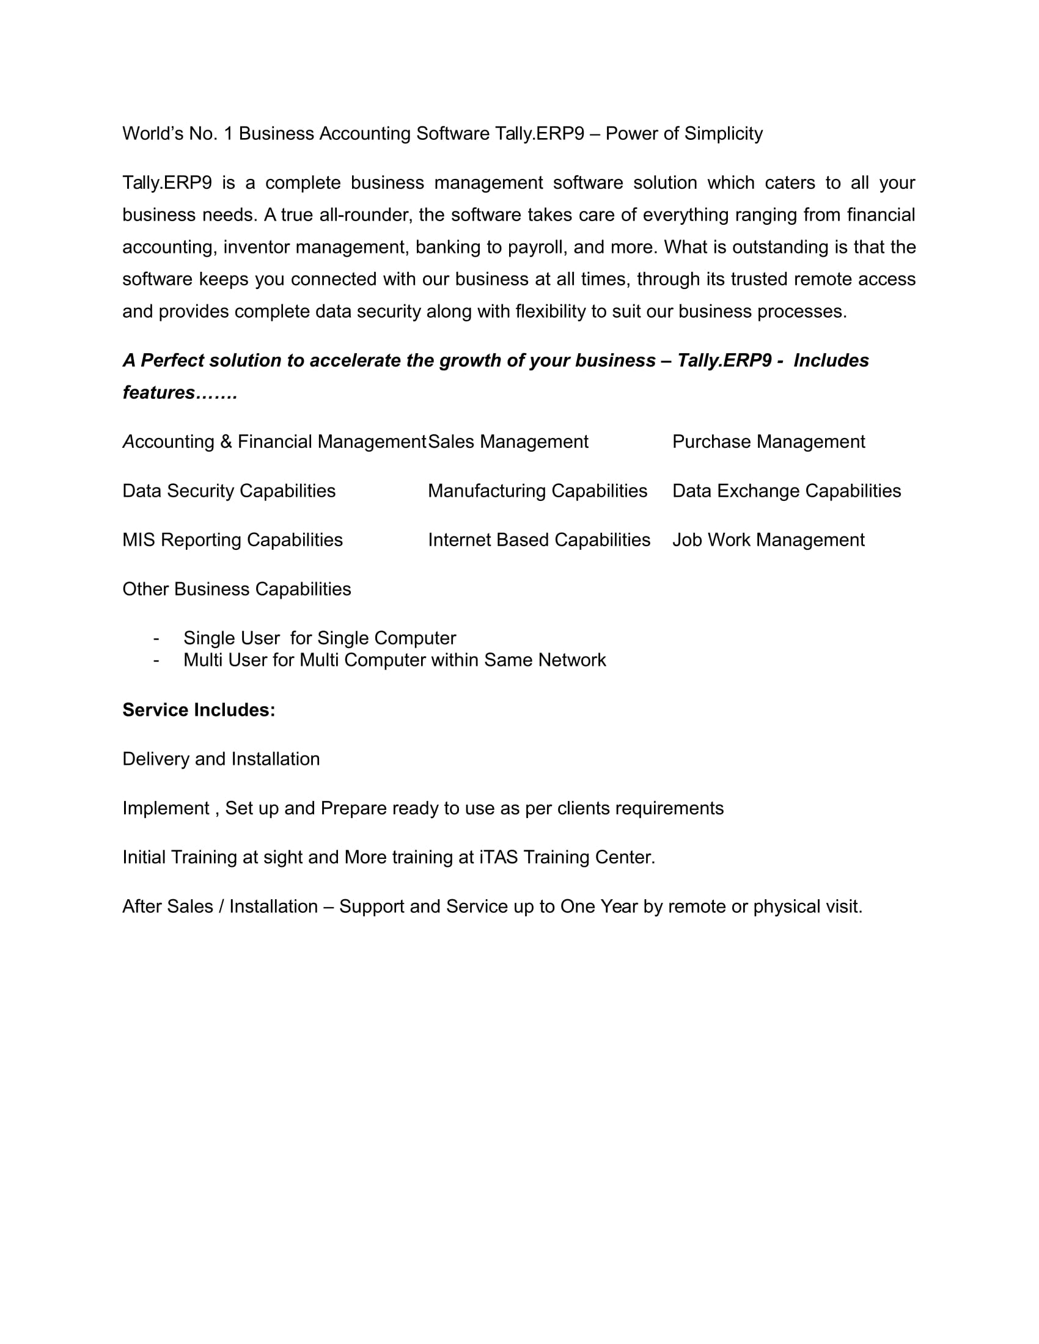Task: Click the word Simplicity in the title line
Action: (723, 134)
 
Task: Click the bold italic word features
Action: (159, 393)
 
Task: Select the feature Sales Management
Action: (508, 442)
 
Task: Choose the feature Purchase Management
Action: (768, 442)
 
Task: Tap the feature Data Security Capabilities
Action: (229, 491)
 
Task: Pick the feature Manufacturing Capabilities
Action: (537, 491)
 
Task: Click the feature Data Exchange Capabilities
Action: (786, 491)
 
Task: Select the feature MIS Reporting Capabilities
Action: (232, 540)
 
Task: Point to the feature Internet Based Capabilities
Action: (538, 540)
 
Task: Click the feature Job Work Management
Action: (768, 540)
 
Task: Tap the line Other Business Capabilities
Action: (237, 590)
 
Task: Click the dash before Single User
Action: (156, 638)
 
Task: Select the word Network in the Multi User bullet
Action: (572, 660)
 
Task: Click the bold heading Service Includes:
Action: (199, 710)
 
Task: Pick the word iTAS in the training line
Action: (499, 858)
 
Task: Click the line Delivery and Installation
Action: (221, 759)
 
